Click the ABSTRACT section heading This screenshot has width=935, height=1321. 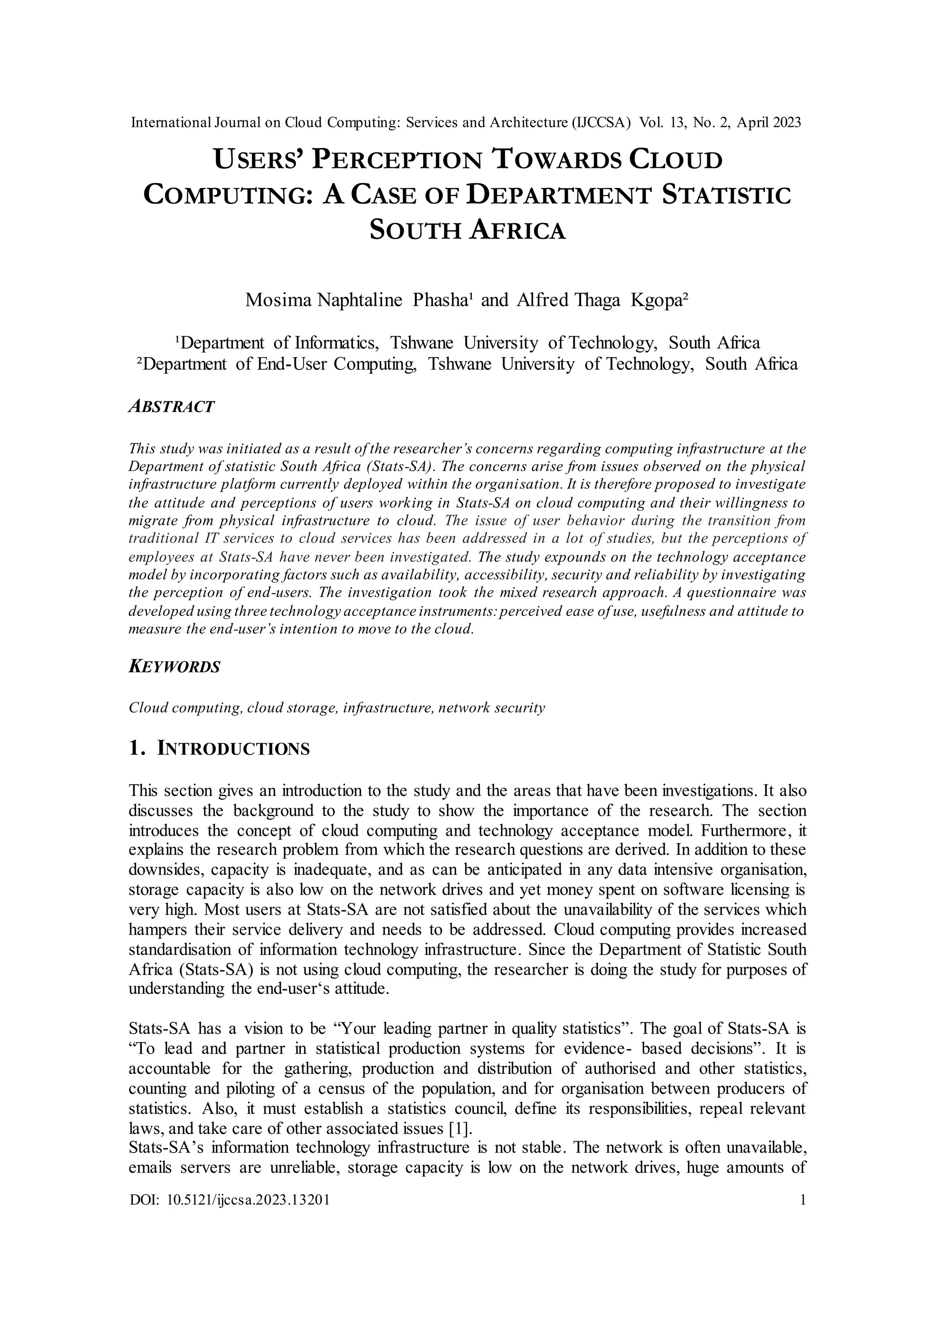coord(171,407)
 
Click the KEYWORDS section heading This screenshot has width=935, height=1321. coord(174,667)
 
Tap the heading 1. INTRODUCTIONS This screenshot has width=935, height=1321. coord(219,749)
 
